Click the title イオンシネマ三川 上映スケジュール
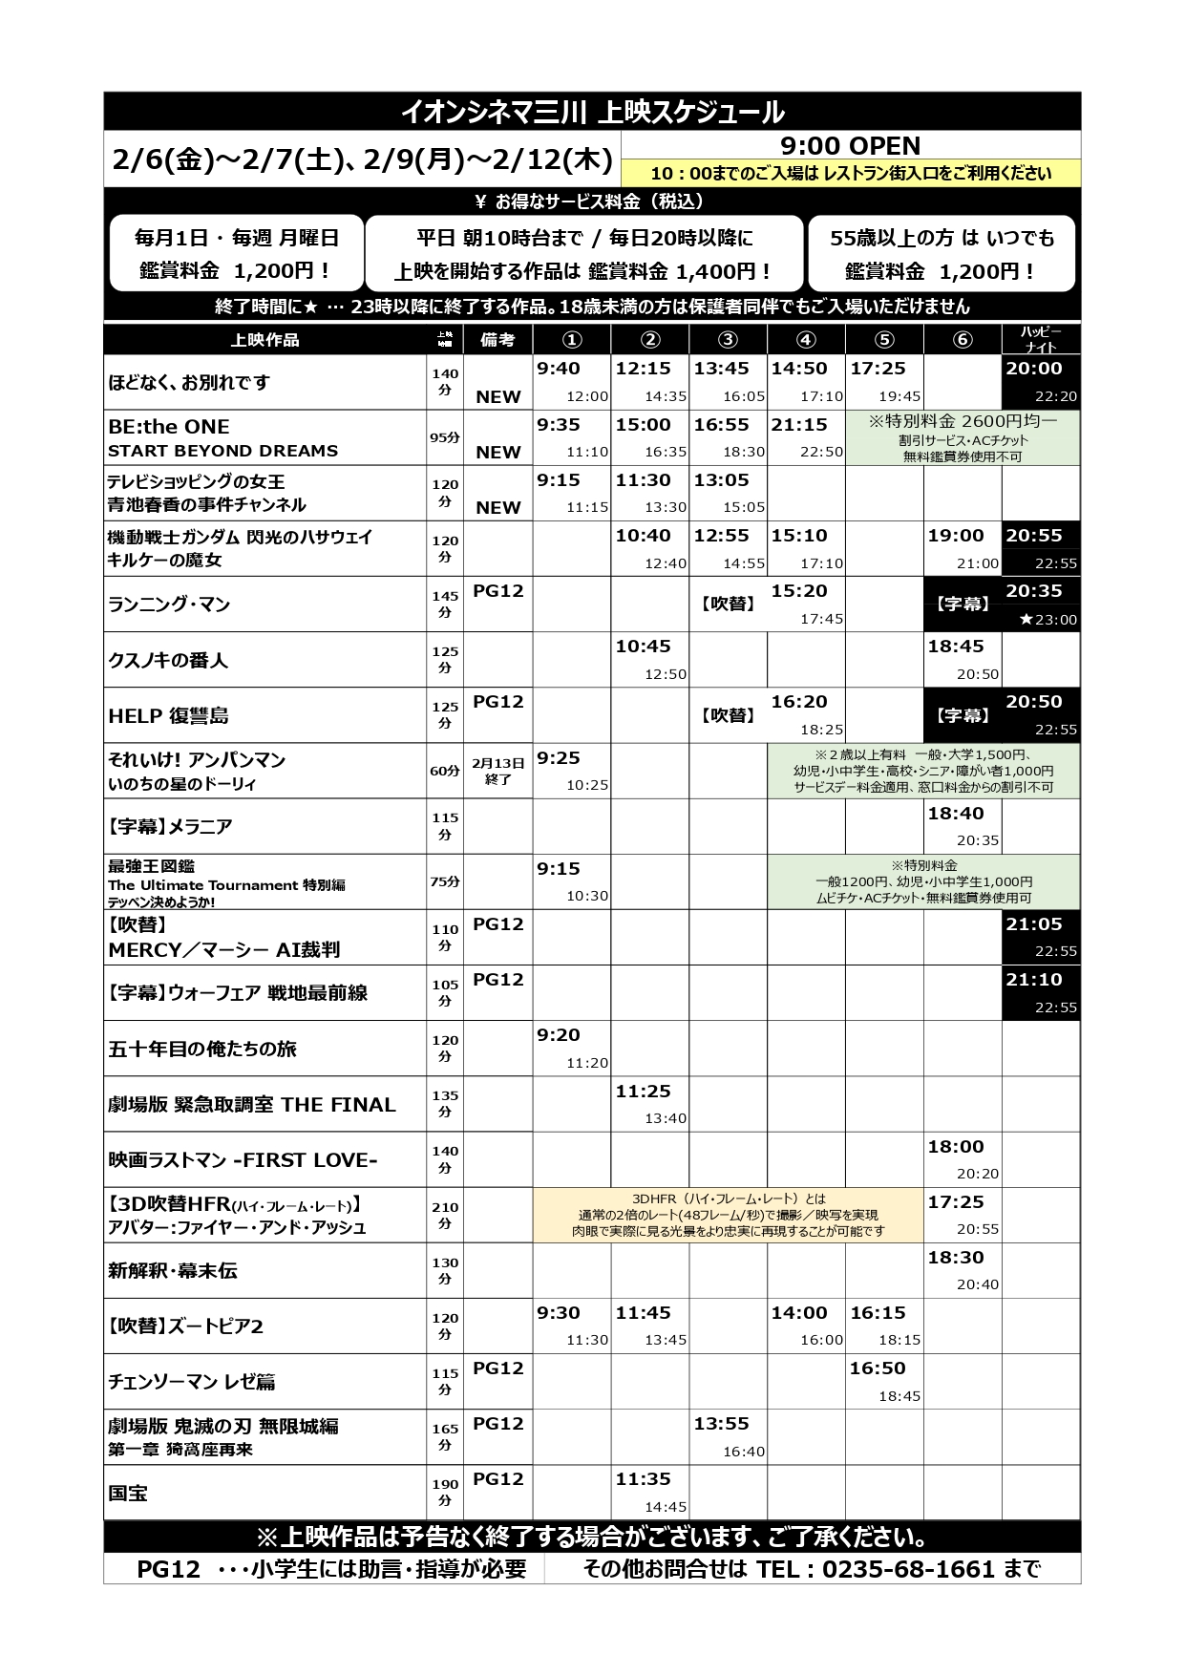click(592, 112)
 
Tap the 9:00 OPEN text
click(850, 146)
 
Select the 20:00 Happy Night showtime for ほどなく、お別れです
click(1033, 369)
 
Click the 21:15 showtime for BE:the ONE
click(799, 425)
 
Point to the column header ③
click(728, 340)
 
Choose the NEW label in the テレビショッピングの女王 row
click(498, 507)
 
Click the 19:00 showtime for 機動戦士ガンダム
click(956, 536)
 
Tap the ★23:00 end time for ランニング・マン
click(1047, 619)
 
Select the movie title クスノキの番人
click(168, 660)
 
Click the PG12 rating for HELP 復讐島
click(498, 702)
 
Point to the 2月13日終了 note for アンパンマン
click(498, 771)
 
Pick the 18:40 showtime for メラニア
click(956, 814)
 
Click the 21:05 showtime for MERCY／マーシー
click(1033, 924)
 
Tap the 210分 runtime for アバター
click(445, 1215)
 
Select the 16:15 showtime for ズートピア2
click(878, 1313)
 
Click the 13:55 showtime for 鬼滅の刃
click(721, 1424)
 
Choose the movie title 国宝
click(128, 1493)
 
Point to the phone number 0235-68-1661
click(908, 1569)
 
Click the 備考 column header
click(498, 340)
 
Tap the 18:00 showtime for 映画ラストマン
click(956, 1147)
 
